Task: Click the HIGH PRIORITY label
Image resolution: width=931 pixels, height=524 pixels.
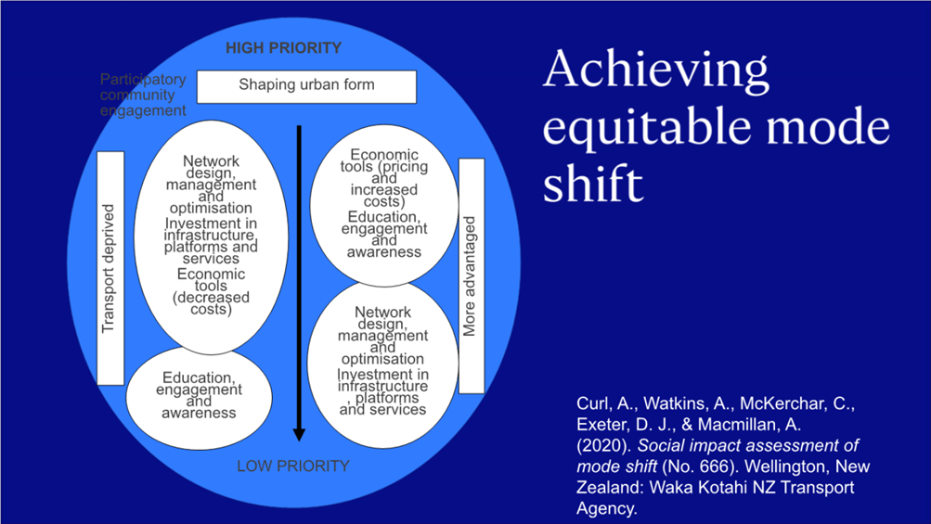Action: (x=283, y=48)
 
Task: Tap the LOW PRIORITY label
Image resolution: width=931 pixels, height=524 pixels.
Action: (x=293, y=466)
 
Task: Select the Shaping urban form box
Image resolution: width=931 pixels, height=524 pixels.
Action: (x=306, y=86)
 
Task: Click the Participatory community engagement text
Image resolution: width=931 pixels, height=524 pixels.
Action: (x=143, y=95)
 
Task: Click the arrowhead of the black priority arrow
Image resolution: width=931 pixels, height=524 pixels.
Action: (x=299, y=434)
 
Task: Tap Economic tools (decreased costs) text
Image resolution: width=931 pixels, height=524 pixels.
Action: (x=211, y=291)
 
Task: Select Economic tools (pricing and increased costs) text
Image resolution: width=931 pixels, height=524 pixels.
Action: (x=384, y=178)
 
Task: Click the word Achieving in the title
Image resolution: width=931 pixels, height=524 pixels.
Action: (x=655, y=70)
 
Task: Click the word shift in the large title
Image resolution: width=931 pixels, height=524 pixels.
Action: (x=592, y=184)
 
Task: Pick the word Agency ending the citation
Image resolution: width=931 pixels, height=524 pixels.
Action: (x=606, y=509)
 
